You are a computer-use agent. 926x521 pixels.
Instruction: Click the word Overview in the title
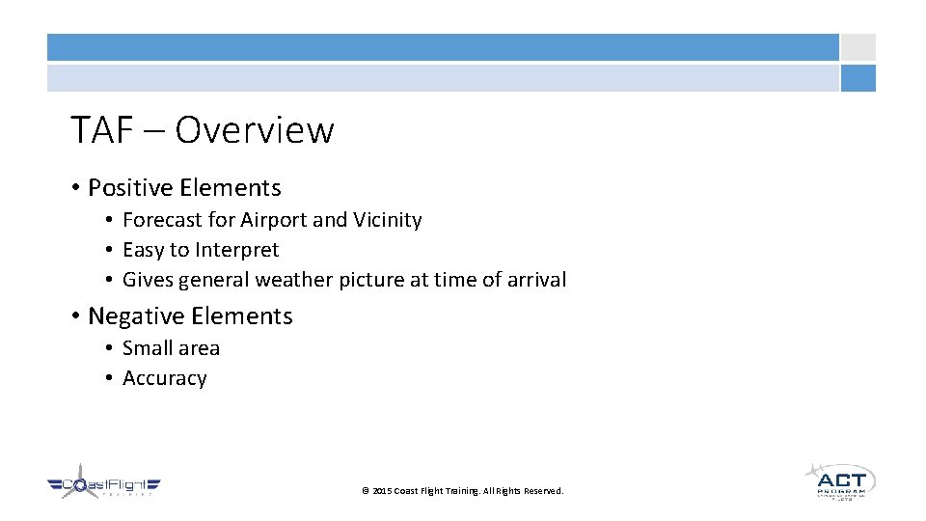point(255,130)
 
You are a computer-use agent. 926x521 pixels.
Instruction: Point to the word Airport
point(273,220)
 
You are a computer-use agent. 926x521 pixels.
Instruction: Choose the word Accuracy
point(165,378)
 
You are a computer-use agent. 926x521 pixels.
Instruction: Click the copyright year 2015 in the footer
point(382,491)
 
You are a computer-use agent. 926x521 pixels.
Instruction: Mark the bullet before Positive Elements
point(74,188)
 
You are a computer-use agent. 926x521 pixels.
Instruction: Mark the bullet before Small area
point(112,348)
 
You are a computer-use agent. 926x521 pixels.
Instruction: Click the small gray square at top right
point(858,47)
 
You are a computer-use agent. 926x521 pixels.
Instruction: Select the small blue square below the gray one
point(858,78)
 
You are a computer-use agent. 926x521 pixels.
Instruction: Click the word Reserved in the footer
point(544,491)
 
